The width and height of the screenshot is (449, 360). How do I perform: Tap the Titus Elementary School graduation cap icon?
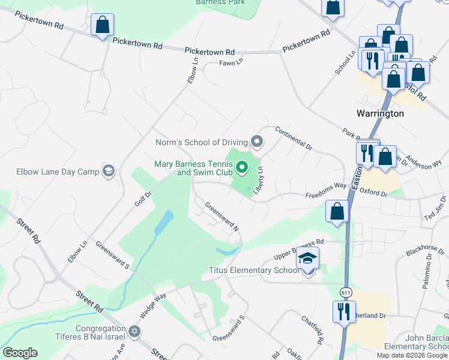coord(307,259)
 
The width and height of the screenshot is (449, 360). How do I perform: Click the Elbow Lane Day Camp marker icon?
coord(108,172)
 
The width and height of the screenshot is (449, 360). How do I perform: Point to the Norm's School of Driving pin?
coord(257,142)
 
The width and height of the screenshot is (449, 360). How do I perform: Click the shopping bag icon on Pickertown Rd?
coord(102,25)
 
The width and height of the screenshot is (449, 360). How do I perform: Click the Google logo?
coord(20,353)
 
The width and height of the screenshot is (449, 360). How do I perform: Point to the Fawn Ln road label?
coord(231,62)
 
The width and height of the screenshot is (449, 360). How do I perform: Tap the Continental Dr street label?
coord(294,138)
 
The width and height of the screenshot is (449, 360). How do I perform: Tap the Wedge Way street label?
coord(152,305)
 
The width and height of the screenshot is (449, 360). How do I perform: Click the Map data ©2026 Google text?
coord(412,355)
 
